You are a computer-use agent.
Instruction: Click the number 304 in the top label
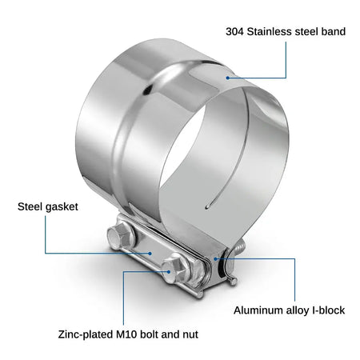click(234, 31)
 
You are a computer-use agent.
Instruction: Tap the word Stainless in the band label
click(270, 31)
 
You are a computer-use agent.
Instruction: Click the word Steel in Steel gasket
click(29, 206)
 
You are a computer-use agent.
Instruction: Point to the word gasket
click(61, 207)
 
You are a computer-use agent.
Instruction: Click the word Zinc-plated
click(86, 334)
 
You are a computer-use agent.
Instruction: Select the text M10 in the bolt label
click(126, 334)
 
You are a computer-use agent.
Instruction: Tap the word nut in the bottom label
click(190, 334)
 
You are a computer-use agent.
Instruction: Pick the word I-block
click(328, 310)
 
